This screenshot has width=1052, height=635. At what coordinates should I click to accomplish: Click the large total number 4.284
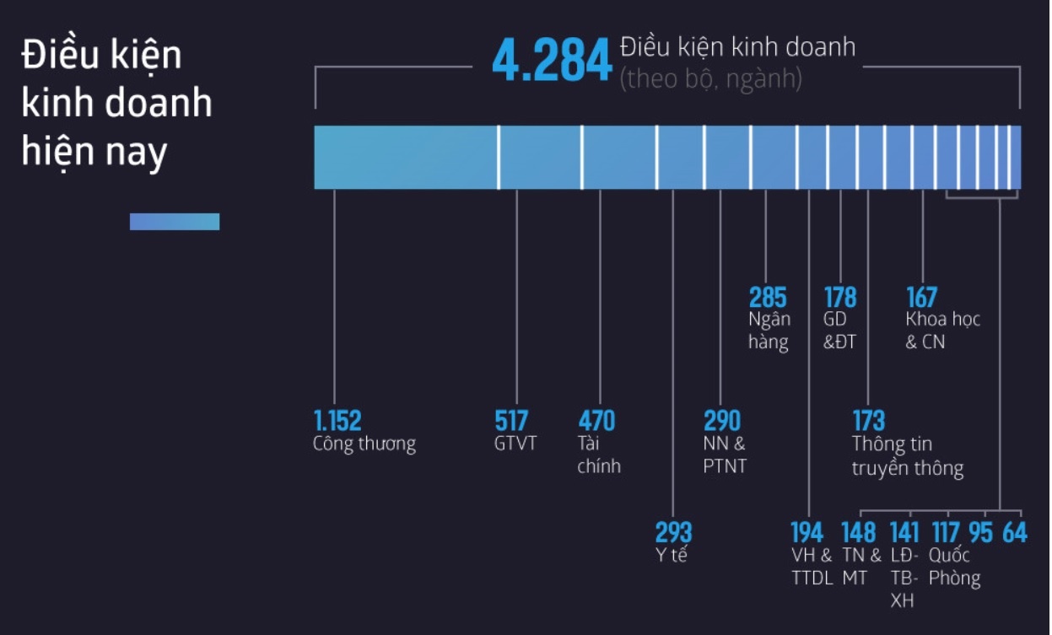[x=552, y=62]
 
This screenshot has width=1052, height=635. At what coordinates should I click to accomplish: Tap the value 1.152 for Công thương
[x=337, y=420]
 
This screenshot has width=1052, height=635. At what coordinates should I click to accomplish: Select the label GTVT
[x=515, y=444]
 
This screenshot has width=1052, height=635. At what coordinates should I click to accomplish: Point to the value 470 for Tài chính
[x=596, y=420]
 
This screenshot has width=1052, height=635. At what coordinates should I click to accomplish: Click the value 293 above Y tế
[x=673, y=532]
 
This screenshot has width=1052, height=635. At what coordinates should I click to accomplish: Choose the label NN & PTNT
[x=725, y=455]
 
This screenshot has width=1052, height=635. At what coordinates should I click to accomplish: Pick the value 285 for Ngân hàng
[x=768, y=298]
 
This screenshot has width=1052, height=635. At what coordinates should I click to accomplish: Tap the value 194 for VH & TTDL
[x=807, y=532]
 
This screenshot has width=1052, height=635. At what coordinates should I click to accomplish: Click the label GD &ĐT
[x=839, y=331]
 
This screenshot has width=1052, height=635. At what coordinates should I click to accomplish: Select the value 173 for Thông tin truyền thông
[x=868, y=420]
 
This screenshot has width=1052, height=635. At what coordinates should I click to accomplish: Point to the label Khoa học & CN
[x=942, y=331]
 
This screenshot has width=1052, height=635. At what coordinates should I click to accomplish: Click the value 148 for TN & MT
[x=859, y=532]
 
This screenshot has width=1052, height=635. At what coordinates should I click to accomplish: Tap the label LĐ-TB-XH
[x=904, y=578]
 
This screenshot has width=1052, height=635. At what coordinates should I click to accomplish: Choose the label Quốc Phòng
[x=954, y=567]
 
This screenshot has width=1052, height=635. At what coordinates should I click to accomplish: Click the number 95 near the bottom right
[x=980, y=532]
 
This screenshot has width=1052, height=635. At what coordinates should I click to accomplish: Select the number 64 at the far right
[x=1014, y=532]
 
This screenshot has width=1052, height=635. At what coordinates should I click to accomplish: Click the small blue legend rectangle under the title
[x=175, y=222]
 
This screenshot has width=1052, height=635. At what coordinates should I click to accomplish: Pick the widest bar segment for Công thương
[x=406, y=158]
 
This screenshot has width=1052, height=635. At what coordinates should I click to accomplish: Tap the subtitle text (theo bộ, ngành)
[x=710, y=78]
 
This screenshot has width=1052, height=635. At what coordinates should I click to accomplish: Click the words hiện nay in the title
[x=94, y=152]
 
